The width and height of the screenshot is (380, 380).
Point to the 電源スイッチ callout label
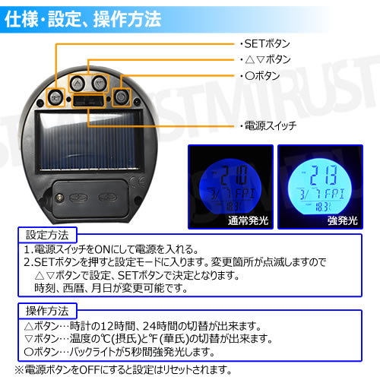point(265,124)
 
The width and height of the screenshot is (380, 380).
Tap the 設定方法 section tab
point(46,233)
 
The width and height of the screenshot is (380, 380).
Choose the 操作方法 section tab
point(46,310)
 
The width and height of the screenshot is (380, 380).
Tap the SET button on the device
point(55,97)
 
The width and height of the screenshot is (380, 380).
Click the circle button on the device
point(119,96)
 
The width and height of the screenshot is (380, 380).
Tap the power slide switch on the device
point(87,101)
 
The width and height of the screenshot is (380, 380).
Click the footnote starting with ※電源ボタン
point(122,370)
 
